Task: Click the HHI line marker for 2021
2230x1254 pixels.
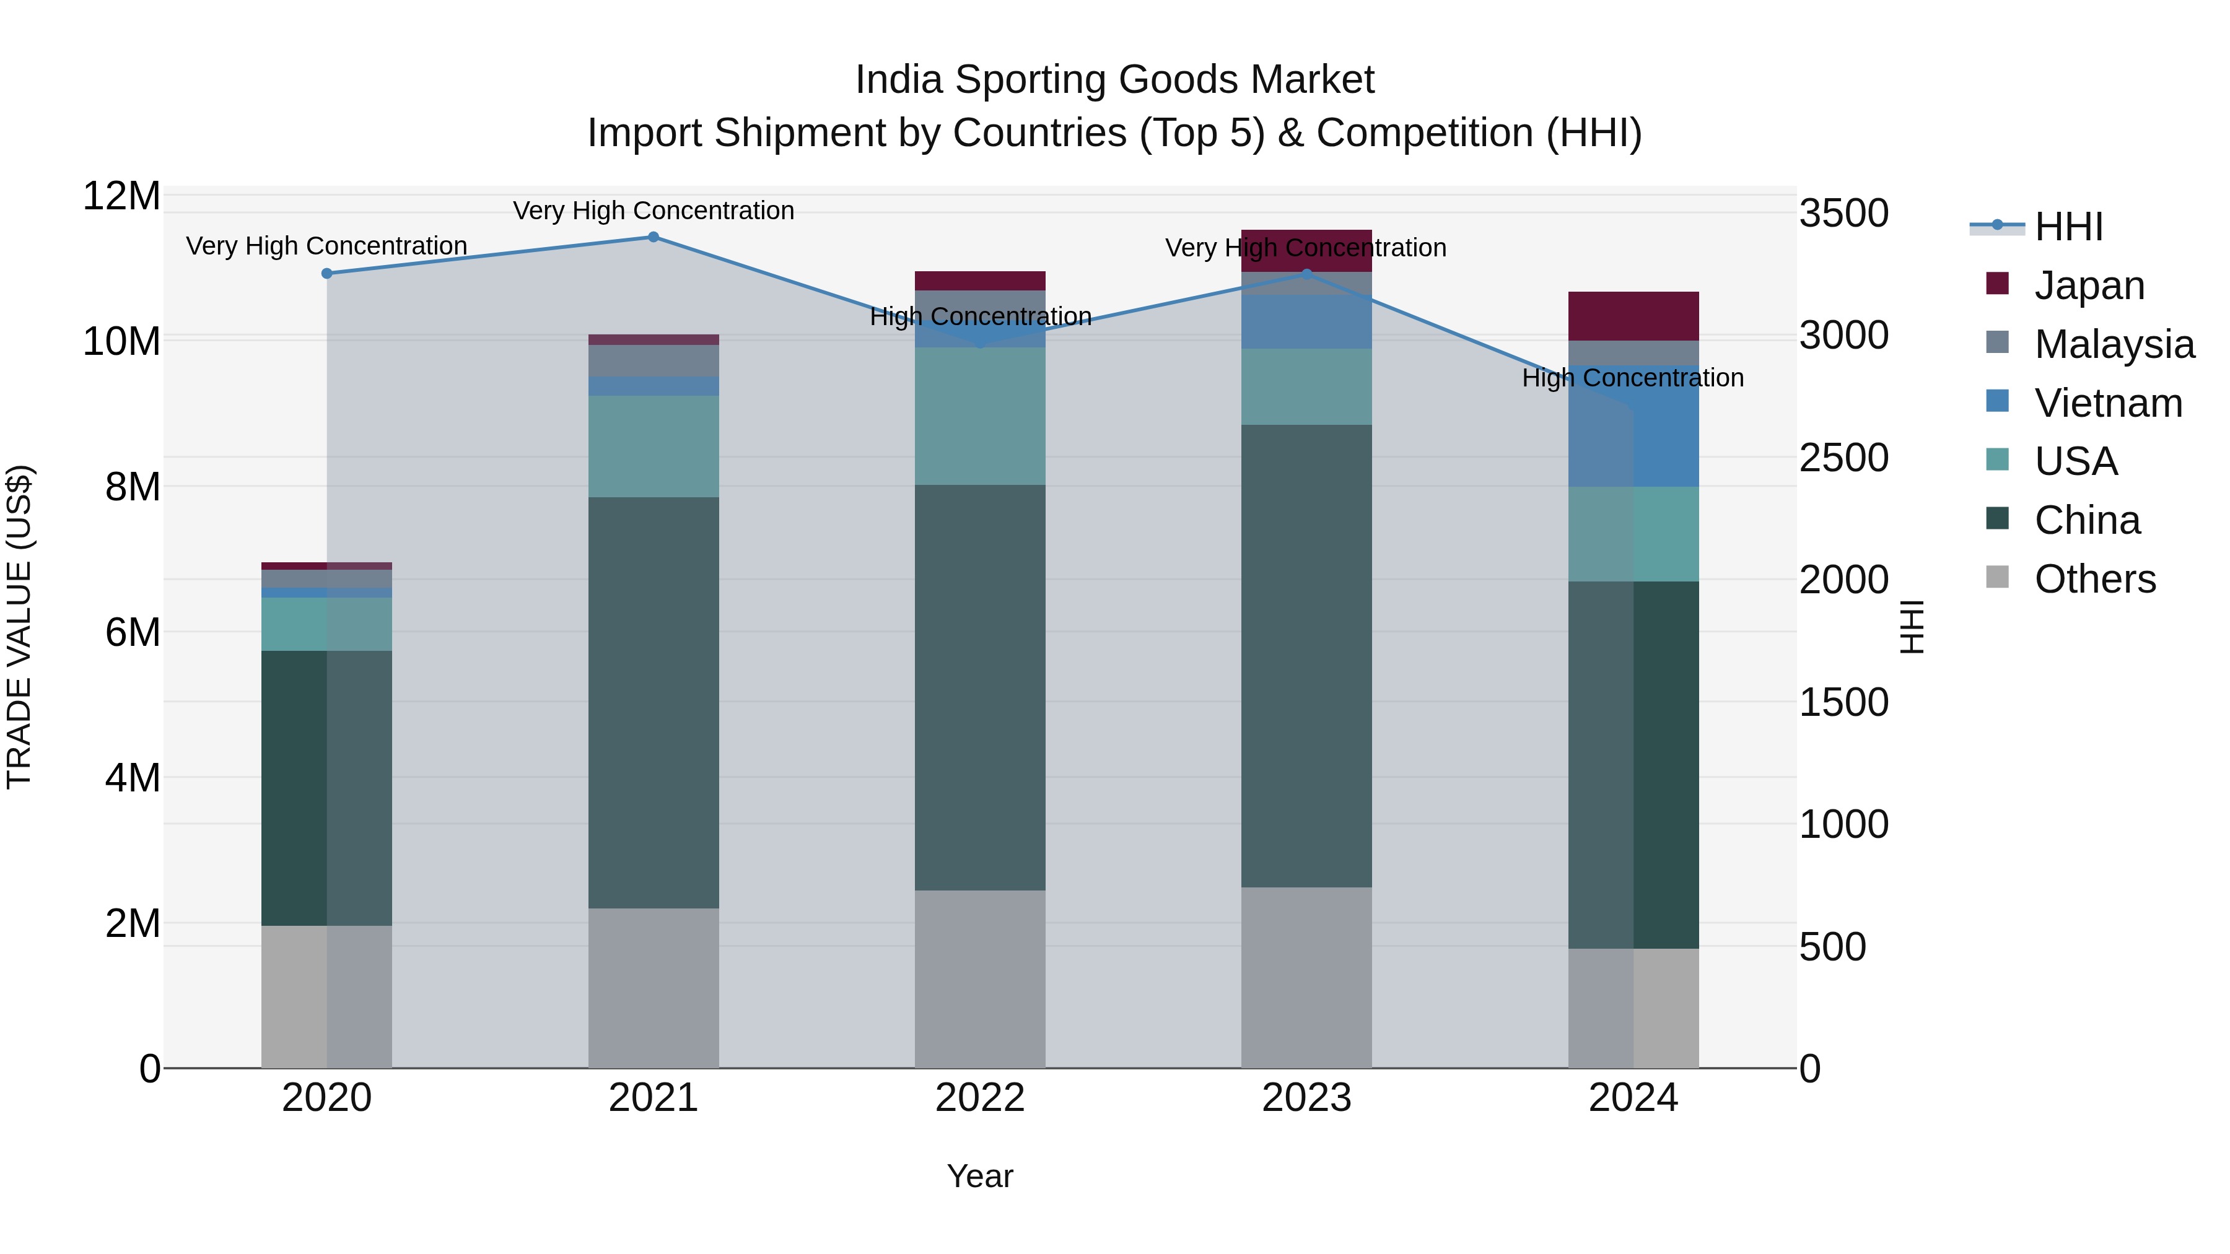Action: (654, 237)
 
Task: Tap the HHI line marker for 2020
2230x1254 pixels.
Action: (326, 274)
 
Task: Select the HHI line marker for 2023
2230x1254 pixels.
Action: (1307, 274)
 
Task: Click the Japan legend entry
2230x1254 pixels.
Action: (2088, 285)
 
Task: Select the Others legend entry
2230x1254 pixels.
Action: (2094, 579)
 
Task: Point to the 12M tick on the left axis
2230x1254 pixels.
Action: (121, 196)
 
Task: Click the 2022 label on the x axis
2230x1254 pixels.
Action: (980, 1098)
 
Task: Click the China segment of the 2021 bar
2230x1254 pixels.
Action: (654, 701)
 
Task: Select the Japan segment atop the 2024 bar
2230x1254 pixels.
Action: (1633, 316)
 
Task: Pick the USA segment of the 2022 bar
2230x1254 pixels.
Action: (980, 416)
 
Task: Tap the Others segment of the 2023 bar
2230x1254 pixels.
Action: (1307, 978)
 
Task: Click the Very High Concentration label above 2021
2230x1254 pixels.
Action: (654, 211)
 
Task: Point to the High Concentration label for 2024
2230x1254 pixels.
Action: (1633, 378)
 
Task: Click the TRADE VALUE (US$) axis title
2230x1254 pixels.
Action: (19, 627)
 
